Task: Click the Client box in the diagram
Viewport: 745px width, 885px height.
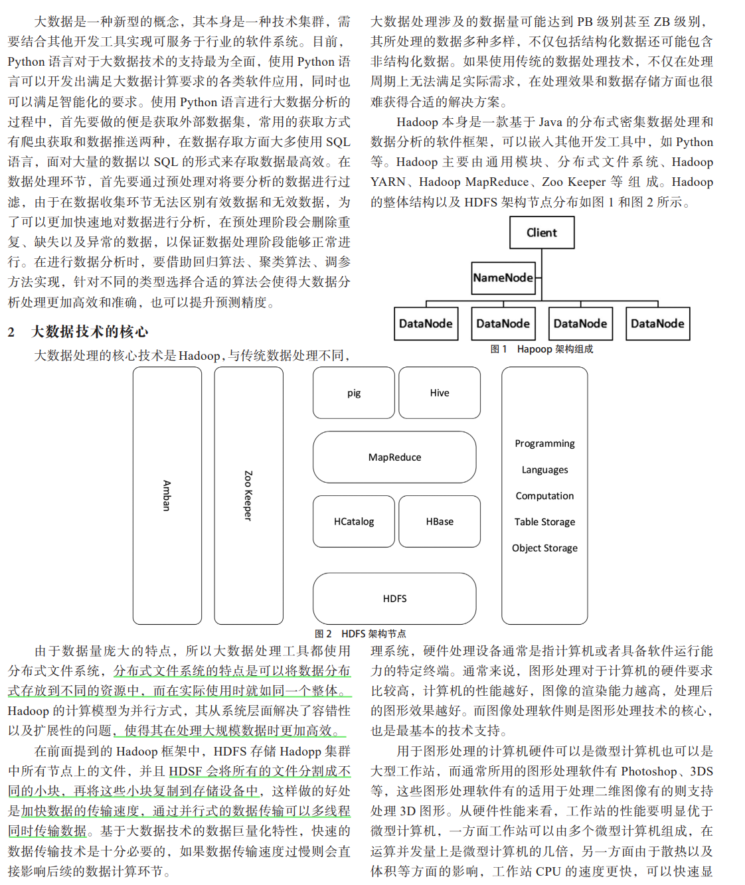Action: point(542,232)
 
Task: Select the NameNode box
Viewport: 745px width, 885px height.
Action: point(503,278)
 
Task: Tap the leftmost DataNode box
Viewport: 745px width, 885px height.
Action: point(426,324)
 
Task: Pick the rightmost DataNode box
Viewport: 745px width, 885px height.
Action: point(657,324)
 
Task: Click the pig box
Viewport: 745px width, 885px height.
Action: point(354,393)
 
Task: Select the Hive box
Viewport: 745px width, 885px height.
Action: point(440,393)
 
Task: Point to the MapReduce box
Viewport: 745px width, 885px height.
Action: point(394,457)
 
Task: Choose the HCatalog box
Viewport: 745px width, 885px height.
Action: point(354,522)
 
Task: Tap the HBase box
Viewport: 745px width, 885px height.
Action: point(440,522)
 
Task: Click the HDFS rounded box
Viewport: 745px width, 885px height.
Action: point(394,599)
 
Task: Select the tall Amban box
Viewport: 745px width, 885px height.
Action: point(167,495)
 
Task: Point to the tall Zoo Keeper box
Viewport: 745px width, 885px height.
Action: point(248,495)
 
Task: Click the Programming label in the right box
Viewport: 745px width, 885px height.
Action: point(544,443)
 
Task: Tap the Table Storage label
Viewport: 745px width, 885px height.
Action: point(544,522)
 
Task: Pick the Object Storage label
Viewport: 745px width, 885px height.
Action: point(544,548)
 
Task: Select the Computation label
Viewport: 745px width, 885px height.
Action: point(544,496)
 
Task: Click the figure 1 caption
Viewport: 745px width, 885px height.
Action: point(541,349)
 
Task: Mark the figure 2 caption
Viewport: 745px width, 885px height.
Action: point(361,634)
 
